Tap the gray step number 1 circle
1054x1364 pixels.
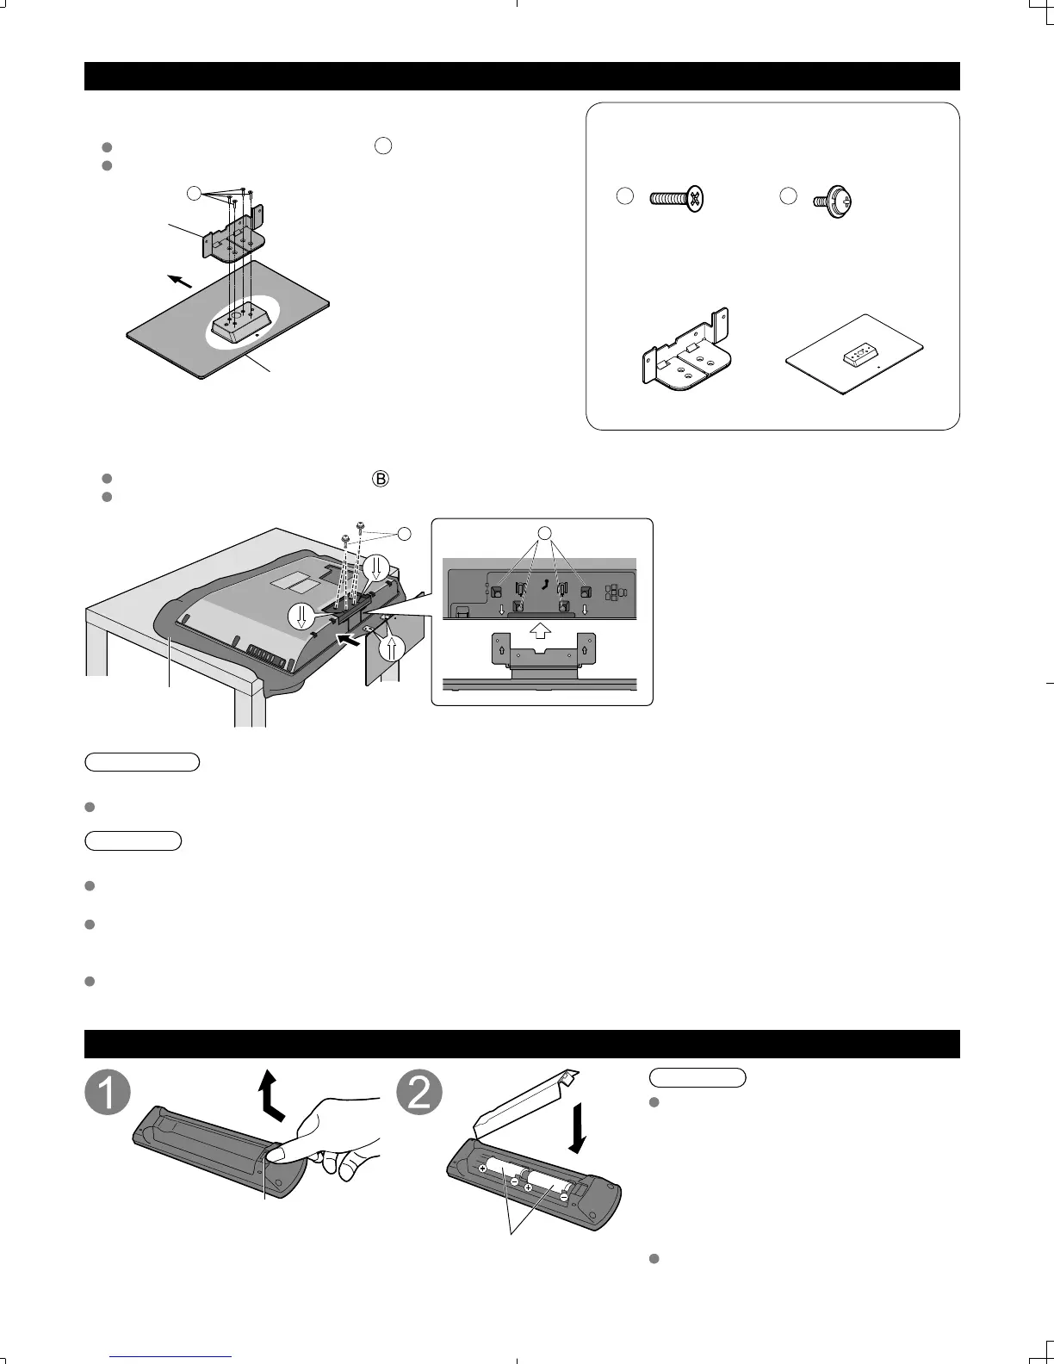[108, 1094]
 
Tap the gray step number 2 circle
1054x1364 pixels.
[419, 1094]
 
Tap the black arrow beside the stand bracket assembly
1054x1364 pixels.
[179, 282]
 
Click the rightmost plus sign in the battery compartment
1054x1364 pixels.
[529, 1187]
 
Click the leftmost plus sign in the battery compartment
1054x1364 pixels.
[482, 1169]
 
